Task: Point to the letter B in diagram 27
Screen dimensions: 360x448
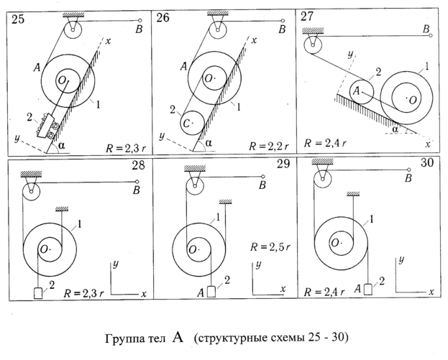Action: click(x=427, y=29)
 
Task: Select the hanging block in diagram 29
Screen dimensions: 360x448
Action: click(x=211, y=292)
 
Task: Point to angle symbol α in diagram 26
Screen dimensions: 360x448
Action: click(x=209, y=142)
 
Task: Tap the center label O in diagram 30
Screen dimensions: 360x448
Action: click(x=335, y=243)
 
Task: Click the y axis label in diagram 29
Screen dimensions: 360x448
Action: click(x=257, y=265)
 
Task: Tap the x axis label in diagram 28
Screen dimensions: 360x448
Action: click(x=144, y=295)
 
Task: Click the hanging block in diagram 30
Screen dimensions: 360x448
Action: click(x=367, y=290)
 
